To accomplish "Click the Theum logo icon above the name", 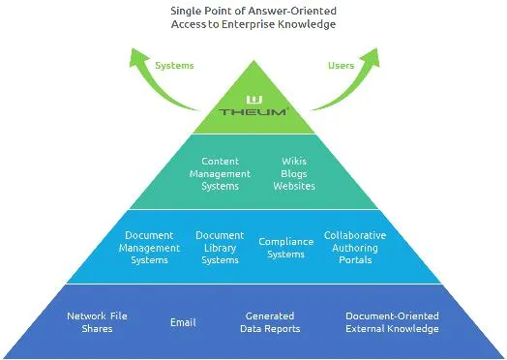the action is (x=254, y=100).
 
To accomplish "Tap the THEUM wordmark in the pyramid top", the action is (x=253, y=112).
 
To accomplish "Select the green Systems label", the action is (x=174, y=66).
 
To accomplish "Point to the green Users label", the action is (x=341, y=66).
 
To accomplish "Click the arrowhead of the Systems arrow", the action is (x=138, y=56).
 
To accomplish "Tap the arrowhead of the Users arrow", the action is (x=371, y=56).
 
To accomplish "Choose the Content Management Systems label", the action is (x=220, y=173).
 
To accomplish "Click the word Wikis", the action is (x=294, y=161).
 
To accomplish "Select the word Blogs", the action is (x=293, y=174).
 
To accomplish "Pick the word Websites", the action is (x=294, y=186).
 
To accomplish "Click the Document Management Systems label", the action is (x=149, y=248).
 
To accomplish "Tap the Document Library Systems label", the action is (x=220, y=248).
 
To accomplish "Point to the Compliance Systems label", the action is (x=286, y=248).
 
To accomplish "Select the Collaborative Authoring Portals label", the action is (x=355, y=248).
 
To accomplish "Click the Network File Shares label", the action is (x=97, y=322).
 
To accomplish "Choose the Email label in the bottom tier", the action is (x=183, y=322).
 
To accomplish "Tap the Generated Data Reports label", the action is (x=270, y=322).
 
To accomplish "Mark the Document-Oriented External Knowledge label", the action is (x=392, y=322).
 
